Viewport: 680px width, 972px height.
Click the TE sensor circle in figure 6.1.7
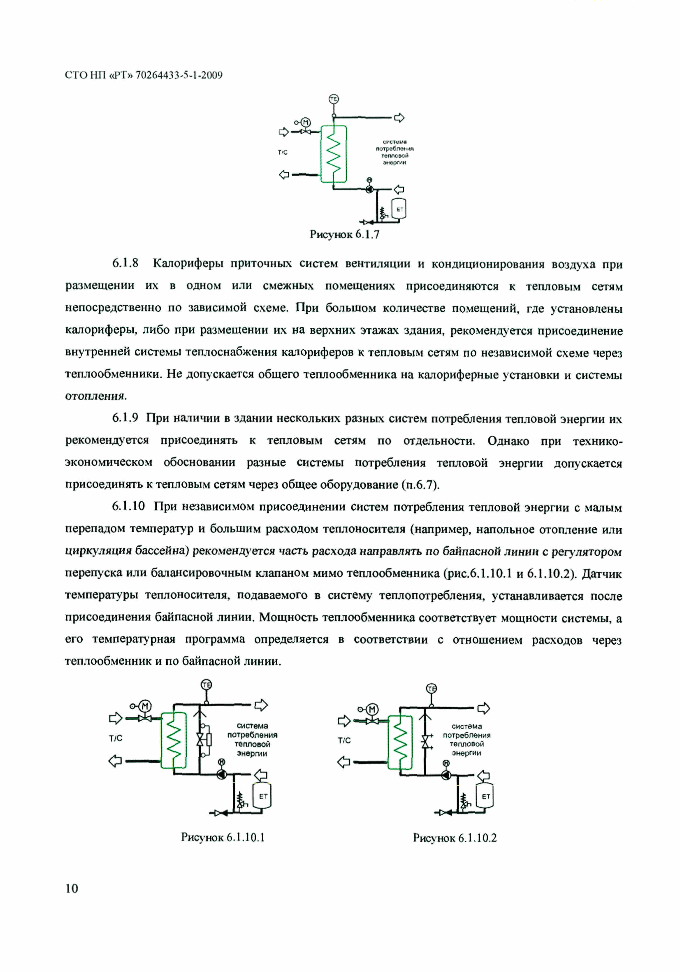[334, 99]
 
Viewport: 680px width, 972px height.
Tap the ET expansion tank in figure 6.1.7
[399, 209]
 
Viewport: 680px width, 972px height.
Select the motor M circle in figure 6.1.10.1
[145, 706]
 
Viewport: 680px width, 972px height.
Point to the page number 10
[72, 888]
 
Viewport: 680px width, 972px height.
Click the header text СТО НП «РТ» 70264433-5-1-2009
[144, 75]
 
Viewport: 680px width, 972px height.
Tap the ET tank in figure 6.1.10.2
[485, 796]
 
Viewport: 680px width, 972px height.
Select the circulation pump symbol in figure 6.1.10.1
[221, 774]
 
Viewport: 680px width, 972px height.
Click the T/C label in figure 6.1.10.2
[344, 740]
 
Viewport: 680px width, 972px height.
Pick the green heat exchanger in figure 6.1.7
[334, 154]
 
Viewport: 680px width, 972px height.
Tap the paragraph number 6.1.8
[125, 263]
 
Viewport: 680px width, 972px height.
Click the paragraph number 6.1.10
[128, 506]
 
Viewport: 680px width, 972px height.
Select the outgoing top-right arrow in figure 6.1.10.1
[261, 705]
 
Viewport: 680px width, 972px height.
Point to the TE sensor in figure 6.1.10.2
[431, 689]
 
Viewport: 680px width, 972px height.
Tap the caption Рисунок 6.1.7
[344, 234]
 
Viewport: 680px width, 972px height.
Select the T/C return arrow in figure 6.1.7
[284, 174]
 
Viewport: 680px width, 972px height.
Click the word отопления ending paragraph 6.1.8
[96, 396]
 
